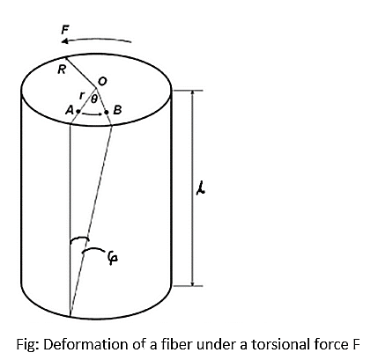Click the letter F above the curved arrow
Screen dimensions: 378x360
point(65,30)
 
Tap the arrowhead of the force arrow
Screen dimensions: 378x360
point(65,41)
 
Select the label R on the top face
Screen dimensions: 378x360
point(62,70)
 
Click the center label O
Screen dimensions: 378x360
point(102,81)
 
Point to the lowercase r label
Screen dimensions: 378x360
point(83,94)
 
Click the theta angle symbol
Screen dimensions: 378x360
point(93,99)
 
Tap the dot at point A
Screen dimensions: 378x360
point(78,112)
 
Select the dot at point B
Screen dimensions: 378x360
point(107,112)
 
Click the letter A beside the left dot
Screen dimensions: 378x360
point(70,110)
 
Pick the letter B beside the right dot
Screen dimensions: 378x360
point(117,110)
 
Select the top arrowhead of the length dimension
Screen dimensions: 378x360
point(192,93)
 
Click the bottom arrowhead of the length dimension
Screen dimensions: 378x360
point(192,283)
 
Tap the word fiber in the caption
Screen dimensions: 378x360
point(176,344)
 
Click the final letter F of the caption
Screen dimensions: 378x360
point(356,344)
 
